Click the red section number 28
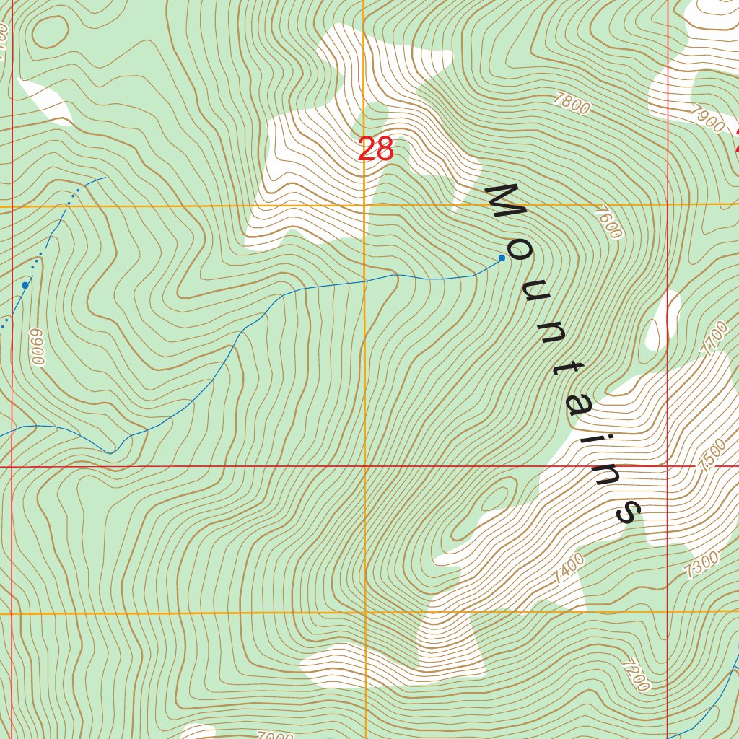pos(375,149)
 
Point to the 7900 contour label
pos(707,119)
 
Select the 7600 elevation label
pos(608,222)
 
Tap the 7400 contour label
pos(569,569)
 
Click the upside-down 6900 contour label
pos(38,346)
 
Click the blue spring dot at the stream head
pos(502,258)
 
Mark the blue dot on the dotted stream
pos(25,285)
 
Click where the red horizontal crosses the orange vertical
pos(364,466)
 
